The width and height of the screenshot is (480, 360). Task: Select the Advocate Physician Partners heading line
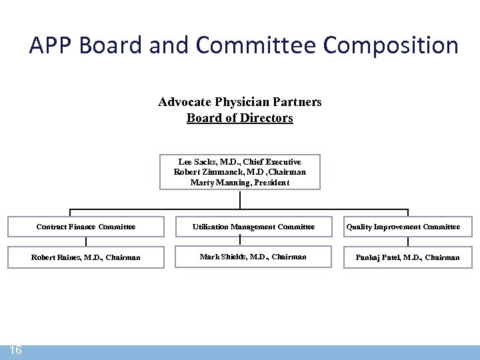(x=239, y=102)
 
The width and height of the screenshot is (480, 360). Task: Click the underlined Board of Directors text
(x=239, y=118)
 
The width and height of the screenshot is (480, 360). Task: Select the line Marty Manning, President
(x=239, y=182)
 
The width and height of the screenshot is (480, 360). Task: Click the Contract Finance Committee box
(x=85, y=227)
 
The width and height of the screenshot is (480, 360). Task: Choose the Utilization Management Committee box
(x=253, y=227)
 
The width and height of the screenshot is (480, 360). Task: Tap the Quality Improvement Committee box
(x=407, y=227)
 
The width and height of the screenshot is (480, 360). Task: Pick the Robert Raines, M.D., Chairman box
(x=85, y=257)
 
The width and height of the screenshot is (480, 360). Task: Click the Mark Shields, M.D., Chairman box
(x=253, y=257)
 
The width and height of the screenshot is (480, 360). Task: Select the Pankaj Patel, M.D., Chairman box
(x=407, y=257)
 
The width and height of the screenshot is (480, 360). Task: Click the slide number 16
(x=15, y=351)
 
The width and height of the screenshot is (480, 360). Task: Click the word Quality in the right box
(x=359, y=227)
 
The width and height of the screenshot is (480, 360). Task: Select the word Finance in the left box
(x=81, y=227)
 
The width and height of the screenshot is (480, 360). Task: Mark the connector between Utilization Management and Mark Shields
(x=239, y=241)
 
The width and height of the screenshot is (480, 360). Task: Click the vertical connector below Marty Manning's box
(x=239, y=199)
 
